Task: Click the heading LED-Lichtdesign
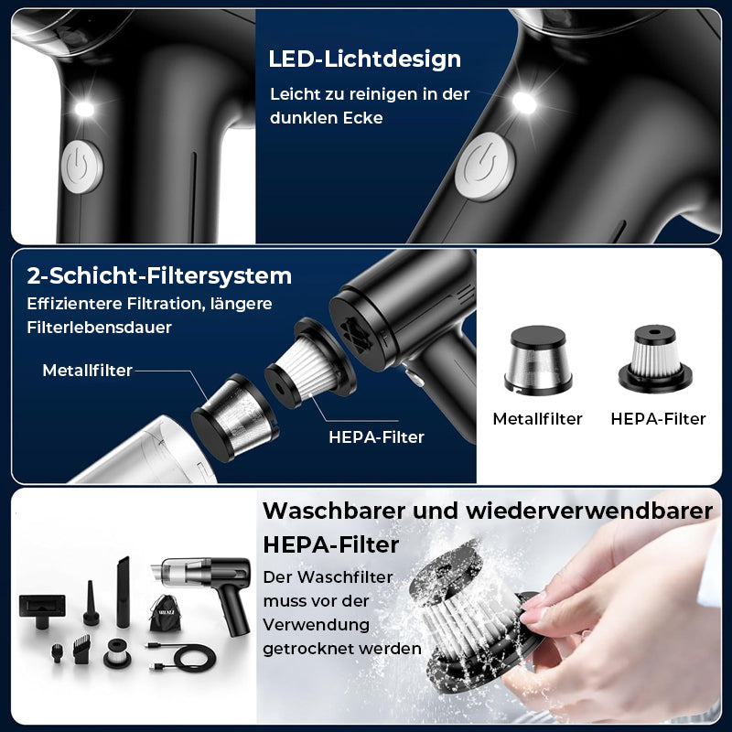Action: [x=364, y=59]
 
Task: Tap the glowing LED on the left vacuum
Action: [x=84, y=109]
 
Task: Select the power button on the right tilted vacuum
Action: [x=485, y=167]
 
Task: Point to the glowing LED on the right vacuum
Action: [x=524, y=102]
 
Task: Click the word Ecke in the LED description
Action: [x=362, y=118]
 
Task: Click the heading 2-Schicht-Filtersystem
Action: [x=159, y=275]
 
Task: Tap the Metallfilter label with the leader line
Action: [x=87, y=371]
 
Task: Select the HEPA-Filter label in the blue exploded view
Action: [x=376, y=437]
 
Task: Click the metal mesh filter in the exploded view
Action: [x=235, y=416]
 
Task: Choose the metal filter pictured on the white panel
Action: [x=538, y=360]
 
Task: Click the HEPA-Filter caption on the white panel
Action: [x=658, y=419]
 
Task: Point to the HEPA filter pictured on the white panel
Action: [x=655, y=358]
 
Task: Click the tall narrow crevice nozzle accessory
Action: [x=124, y=591]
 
